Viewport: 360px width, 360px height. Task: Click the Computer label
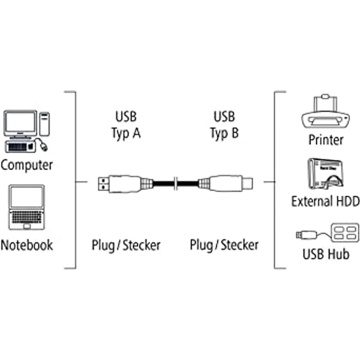[x=26, y=165]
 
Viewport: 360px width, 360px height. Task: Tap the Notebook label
[x=26, y=245]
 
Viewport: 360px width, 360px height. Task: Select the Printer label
[x=326, y=140]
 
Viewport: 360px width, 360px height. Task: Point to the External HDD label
[x=325, y=201]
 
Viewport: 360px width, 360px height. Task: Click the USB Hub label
[x=326, y=254]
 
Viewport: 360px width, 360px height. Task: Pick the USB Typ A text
[x=126, y=125]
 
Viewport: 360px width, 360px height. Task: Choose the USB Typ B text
[x=225, y=125]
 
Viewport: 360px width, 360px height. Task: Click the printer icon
[x=325, y=112]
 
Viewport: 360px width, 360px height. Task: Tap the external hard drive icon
[x=326, y=174]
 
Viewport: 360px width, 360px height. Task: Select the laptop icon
[x=26, y=207]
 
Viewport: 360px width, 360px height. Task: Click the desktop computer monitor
[x=21, y=124]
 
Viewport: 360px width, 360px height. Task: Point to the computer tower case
[x=45, y=124]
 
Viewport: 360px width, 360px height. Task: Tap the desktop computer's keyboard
[x=21, y=146]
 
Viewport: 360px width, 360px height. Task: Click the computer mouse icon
[x=43, y=146]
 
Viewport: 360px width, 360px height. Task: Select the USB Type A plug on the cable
[x=125, y=184]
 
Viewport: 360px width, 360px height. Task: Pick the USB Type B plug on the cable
[x=225, y=183]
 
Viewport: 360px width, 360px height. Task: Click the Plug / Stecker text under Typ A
[x=126, y=246]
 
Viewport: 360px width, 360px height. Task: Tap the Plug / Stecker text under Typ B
[x=224, y=246]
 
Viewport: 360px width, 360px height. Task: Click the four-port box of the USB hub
[x=345, y=232]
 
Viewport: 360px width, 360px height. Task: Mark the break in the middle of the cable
[x=176, y=183]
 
